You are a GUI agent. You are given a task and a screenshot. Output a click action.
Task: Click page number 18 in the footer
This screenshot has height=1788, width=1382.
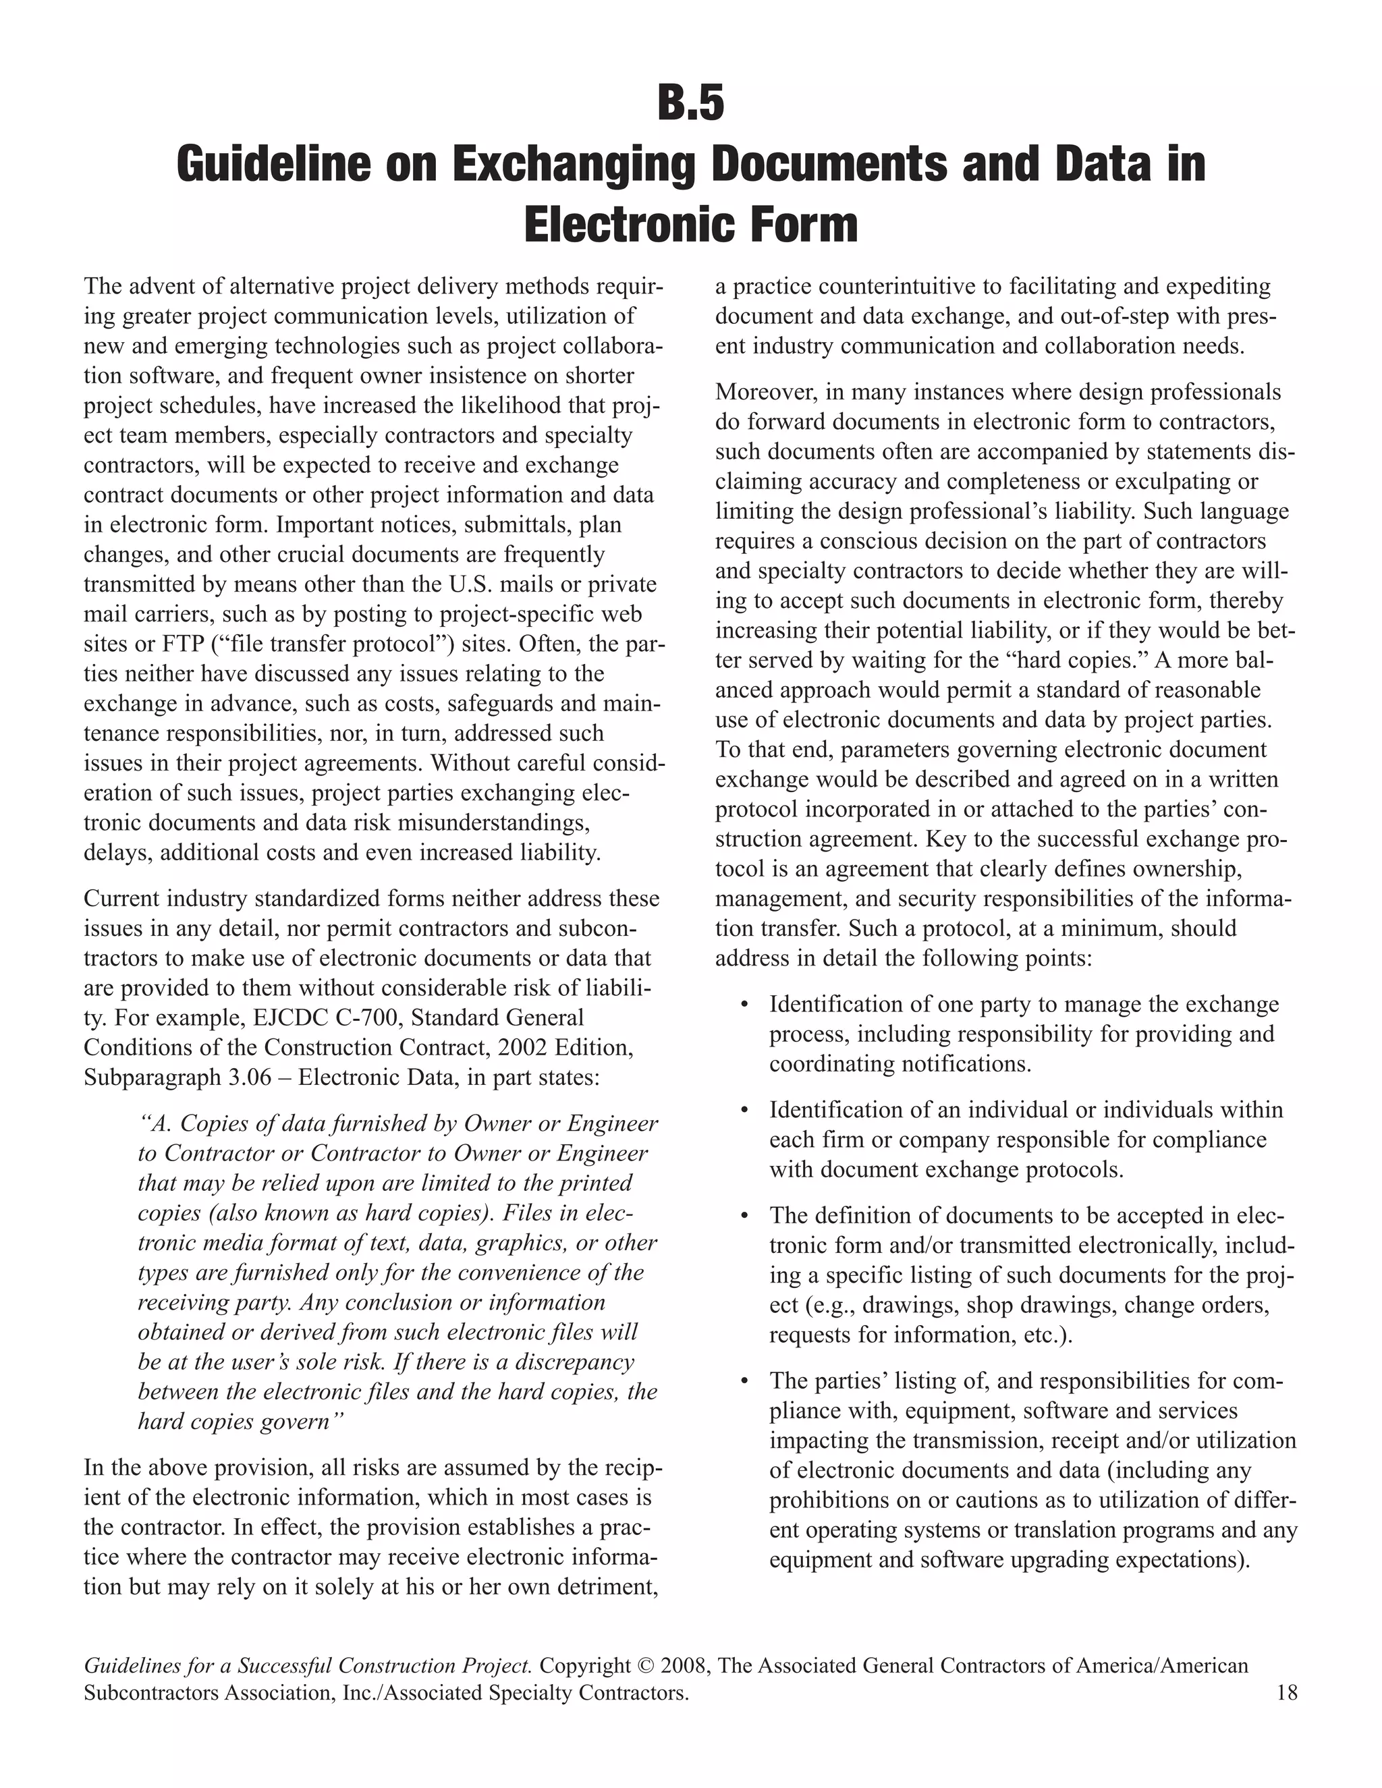pos(1286,1692)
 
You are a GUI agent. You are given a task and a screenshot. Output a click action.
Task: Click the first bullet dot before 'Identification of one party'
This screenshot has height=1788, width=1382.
pos(744,1005)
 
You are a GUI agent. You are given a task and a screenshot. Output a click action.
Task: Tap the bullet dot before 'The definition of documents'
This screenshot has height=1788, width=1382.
pos(744,1217)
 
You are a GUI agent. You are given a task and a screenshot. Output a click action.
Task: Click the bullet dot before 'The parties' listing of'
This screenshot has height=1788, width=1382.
pos(744,1382)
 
